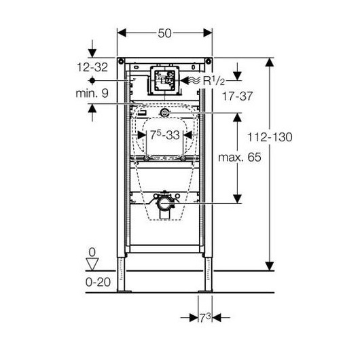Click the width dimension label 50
pos(164,33)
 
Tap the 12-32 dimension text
pos(92,67)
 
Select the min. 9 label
pos(92,94)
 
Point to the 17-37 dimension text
pos(238,96)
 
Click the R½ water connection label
pos(214,81)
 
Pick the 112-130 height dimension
pos(270,137)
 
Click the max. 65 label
pos(240,158)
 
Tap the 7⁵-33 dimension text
pos(164,135)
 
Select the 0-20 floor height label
pos(98,282)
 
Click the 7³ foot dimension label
pos(205,318)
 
